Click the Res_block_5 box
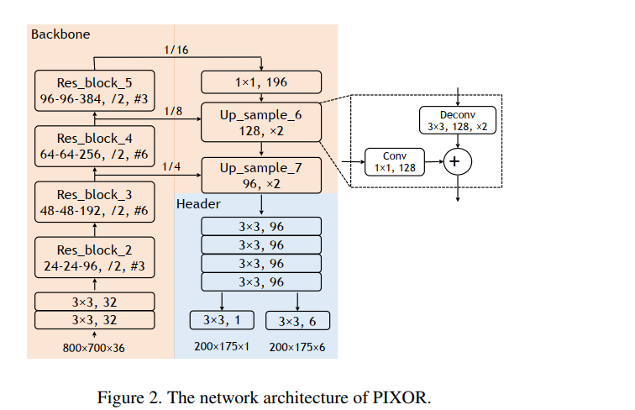(x=93, y=90)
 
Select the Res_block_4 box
(x=93, y=145)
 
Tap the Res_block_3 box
(x=93, y=202)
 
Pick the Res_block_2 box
(x=93, y=258)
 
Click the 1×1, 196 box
(x=261, y=82)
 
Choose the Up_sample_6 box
(x=261, y=122)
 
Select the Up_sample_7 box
(x=261, y=176)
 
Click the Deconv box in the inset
(x=457, y=119)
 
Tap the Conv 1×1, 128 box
(x=395, y=162)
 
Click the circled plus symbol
(x=457, y=161)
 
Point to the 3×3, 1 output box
(x=222, y=320)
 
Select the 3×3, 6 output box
(x=298, y=321)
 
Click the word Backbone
(x=60, y=34)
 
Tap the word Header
(x=198, y=204)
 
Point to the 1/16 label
(x=177, y=50)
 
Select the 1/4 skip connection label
(x=171, y=166)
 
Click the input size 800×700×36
(x=93, y=347)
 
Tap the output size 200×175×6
(x=297, y=347)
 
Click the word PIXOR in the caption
(x=399, y=397)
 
